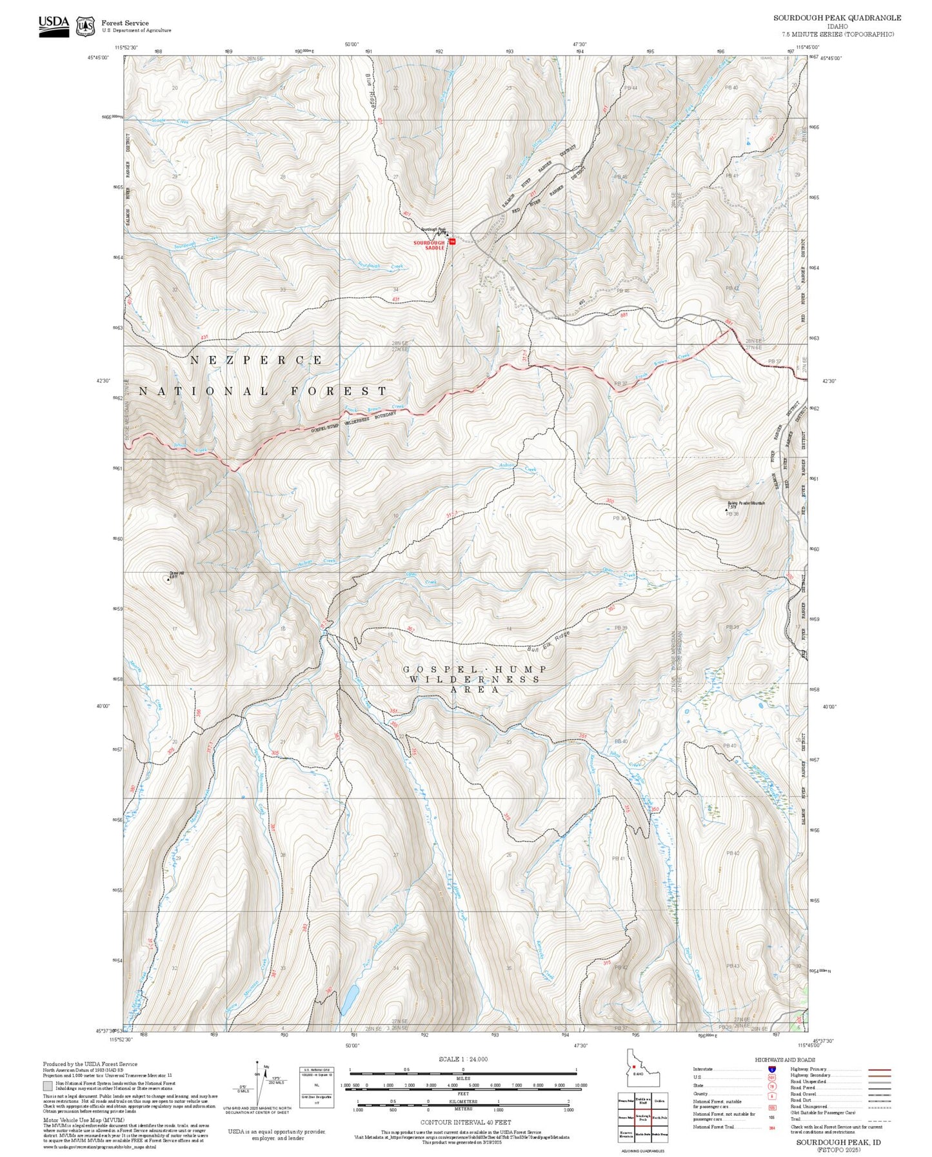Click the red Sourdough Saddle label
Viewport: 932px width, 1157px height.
(429, 245)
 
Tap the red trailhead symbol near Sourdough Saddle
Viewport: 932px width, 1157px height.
(452, 241)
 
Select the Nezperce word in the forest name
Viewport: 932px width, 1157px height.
(257, 361)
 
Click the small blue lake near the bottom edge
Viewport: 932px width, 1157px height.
(349, 999)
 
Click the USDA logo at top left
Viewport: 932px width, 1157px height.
(54, 26)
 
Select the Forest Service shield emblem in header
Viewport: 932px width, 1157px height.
(85, 26)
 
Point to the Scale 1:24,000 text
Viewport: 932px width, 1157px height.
(462, 1059)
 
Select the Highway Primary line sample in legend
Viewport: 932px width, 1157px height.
(879, 1069)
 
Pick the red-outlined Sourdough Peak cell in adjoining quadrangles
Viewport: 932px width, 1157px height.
(642, 1116)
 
